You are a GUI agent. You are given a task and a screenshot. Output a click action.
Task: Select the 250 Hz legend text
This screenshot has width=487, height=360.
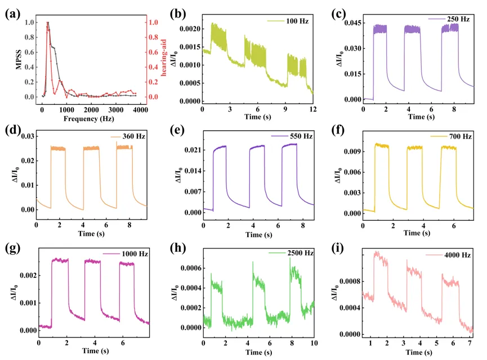click(x=457, y=19)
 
